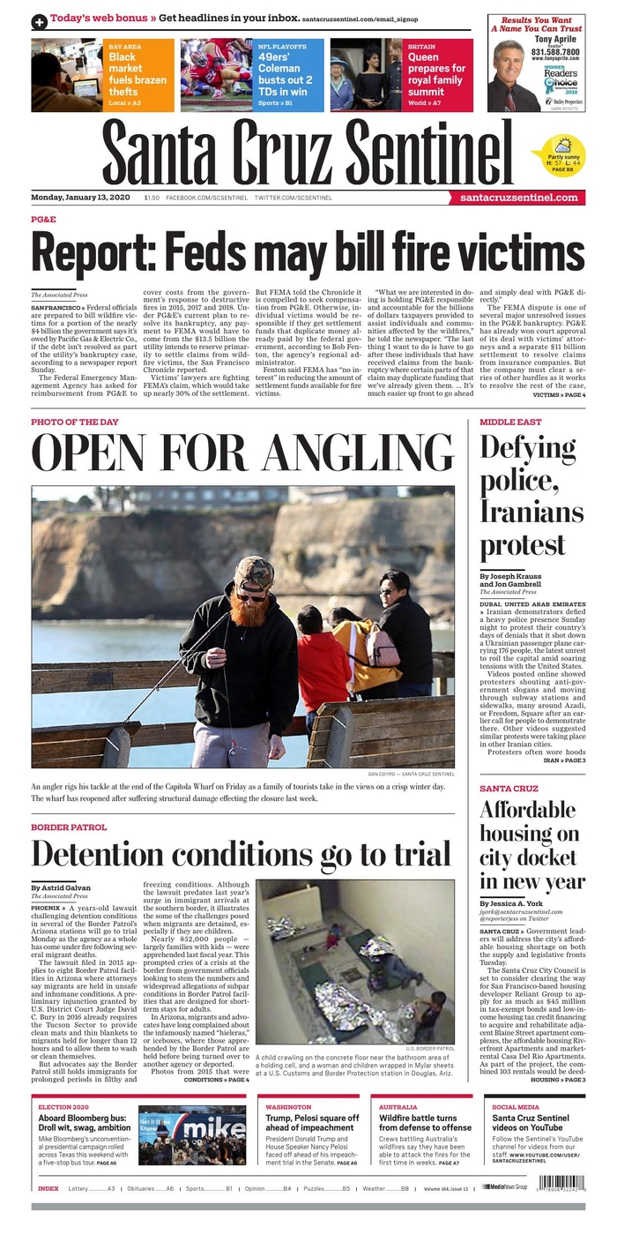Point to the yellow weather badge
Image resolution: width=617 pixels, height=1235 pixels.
(557, 153)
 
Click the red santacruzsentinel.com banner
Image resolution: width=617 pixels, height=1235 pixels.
(523, 198)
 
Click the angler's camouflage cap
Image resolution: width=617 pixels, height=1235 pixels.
(254, 573)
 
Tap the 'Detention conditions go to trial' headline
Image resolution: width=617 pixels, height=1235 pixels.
(241, 854)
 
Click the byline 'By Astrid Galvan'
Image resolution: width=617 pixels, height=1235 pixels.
(61, 887)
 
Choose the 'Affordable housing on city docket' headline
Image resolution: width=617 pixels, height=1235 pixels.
(532, 845)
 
